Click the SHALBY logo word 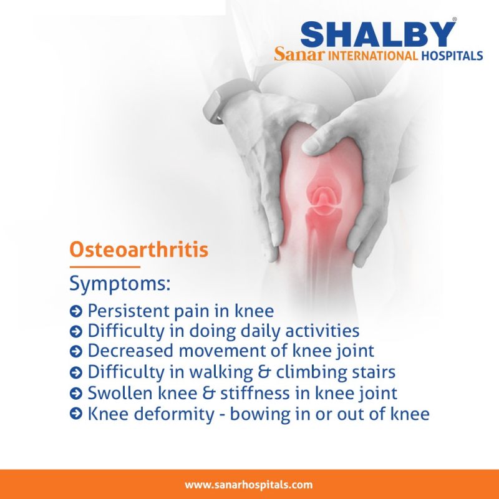(x=378, y=34)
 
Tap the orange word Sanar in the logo (x=299, y=54)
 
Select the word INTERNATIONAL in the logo (x=372, y=56)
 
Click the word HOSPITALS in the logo (x=452, y=56)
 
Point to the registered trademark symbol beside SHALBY (x=455, y=19)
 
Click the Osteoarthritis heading (x=138, y=249)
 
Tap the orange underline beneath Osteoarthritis (x=105, y=267)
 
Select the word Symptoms (x=120, y=284)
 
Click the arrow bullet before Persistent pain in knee (x=75, y=311)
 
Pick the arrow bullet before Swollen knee (x=75, y=394)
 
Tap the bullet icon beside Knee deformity (x=75, y=414)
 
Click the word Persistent (x=128, y=311)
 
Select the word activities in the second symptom (x=322, y=331)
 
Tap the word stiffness (x=255, y=394)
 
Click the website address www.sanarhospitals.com (x=248, y=485)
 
